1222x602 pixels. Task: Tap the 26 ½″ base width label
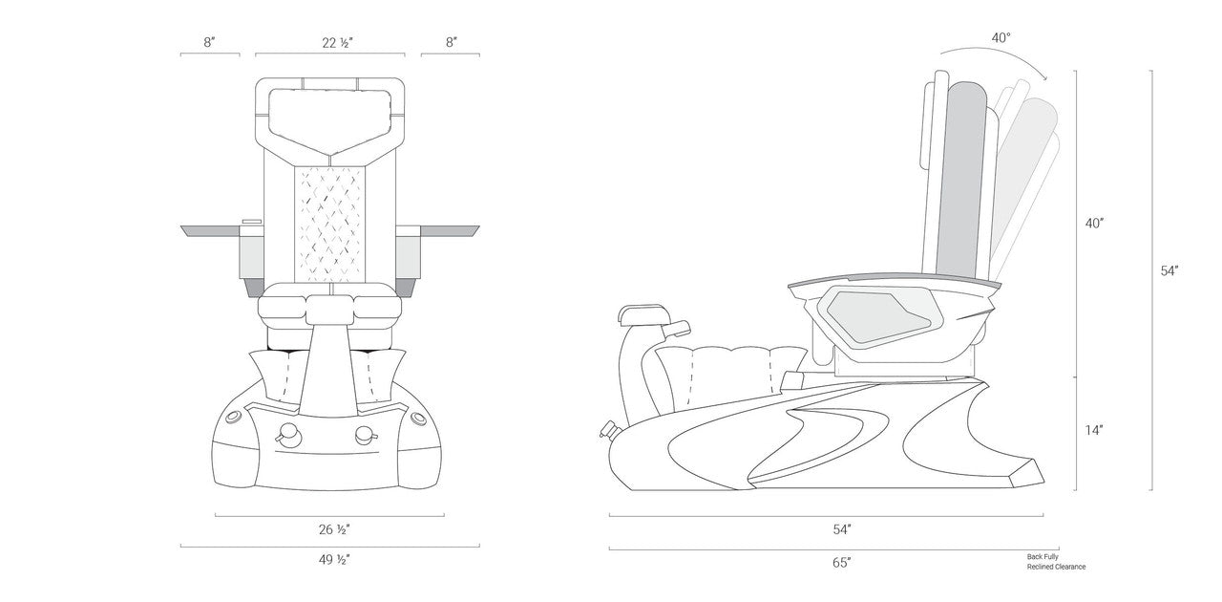(x=334, y=529)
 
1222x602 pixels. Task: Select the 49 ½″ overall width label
(x=334, y=560)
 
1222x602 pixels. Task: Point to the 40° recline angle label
(x=1001, y=37)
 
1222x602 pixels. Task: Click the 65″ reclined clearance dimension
(x=842, y=563)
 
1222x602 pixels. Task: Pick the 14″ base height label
(x=1094, y=430)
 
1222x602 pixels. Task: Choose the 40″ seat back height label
(x=1095, y=224)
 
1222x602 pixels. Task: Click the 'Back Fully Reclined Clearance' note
(x=1056, y=562)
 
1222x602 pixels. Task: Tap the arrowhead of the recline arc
(x=1045, y=78)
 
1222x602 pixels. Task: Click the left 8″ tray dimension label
(x=209, y=43)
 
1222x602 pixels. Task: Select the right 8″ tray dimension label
(x=452, y=43)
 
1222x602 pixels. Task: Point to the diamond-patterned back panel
(x=330, y=224)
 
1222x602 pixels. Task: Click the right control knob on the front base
(x=366, y=434)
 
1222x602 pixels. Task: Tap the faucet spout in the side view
(x=677, y=329)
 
